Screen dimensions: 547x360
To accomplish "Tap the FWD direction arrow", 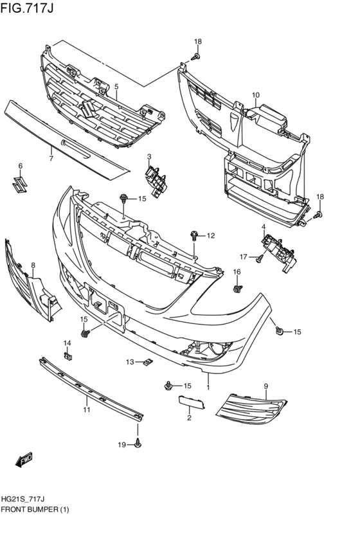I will pyautogui.click(x=24, y=460).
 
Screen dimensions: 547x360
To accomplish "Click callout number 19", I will pyautogui.click(x=121, y=444).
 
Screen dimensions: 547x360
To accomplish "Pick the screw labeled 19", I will pyautogui.click(x=138, y=443).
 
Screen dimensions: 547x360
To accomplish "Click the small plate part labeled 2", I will pyautogui.click(x=191, y=402).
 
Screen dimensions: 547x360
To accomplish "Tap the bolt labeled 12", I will pyautogui.click(x=194, y=236).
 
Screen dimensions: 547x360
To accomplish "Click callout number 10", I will pyautogui.click(x=256, y=96).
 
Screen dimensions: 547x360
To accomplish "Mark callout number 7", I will pyautogui.click(x=51, y=156).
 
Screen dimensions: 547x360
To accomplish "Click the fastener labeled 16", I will pyautogui.click(x=237, y=289).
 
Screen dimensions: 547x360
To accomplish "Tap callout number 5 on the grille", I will pyautogui.click(x=116, y=86).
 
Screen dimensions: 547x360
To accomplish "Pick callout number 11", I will pyautogui.click(x=85, y=409).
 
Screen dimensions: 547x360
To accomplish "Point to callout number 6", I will pyautogui.click(x=20, y=166).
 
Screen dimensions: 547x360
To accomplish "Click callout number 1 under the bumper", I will pyautogui.click(x=208, y=388).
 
